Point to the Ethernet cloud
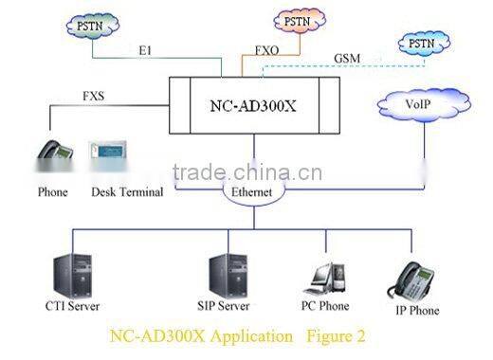(x=252, y=190)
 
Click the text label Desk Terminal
(x=127, y=191)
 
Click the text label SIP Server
(x=224, y=306)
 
